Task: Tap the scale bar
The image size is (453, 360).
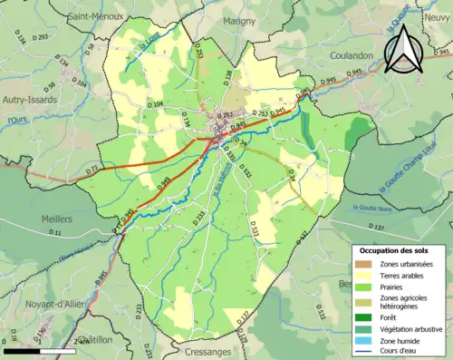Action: coord(38,350)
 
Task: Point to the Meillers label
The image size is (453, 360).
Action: coord(56,219)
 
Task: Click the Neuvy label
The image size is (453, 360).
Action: coord(438,31)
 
